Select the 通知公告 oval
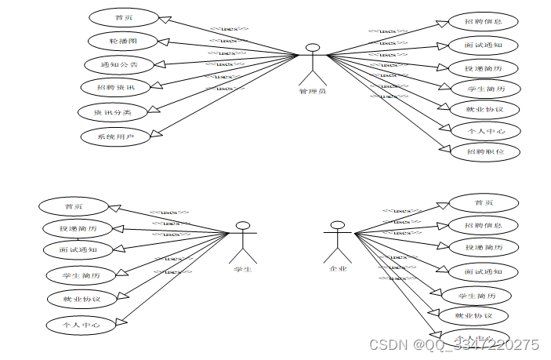119,64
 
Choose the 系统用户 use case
115,136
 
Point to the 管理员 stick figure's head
314,49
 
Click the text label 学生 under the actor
243,270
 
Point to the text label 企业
338,270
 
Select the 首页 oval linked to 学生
74,206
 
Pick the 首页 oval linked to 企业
484,203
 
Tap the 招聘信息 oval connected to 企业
484,225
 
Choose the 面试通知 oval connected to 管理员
484,45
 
